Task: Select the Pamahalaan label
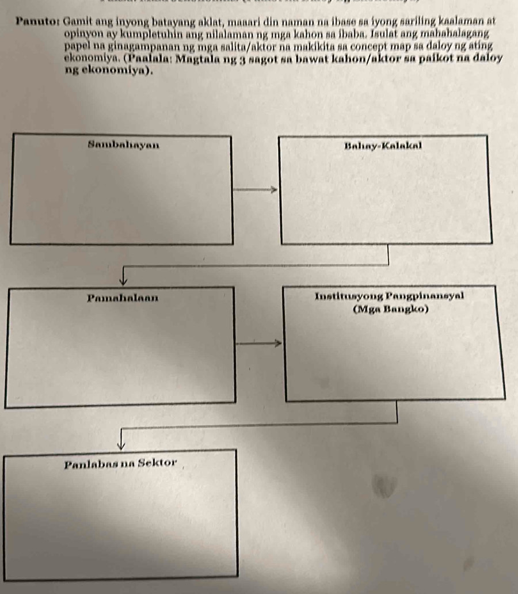point(124,298)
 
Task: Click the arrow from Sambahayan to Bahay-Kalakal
point(256,188)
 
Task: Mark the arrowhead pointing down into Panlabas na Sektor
point(121,443)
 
